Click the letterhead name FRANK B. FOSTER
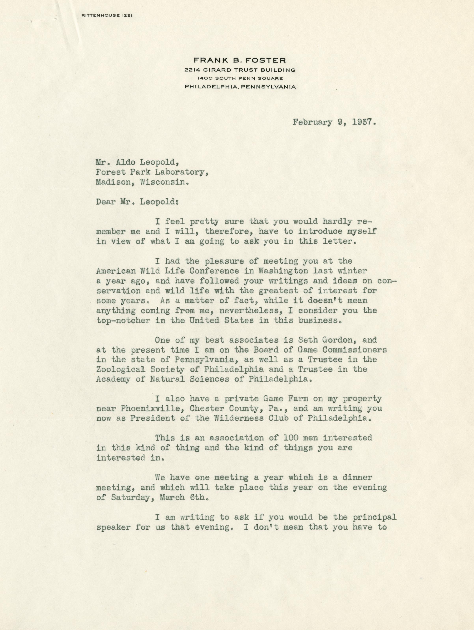[x=240, y=60]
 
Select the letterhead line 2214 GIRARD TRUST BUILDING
[x=240, y=70]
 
